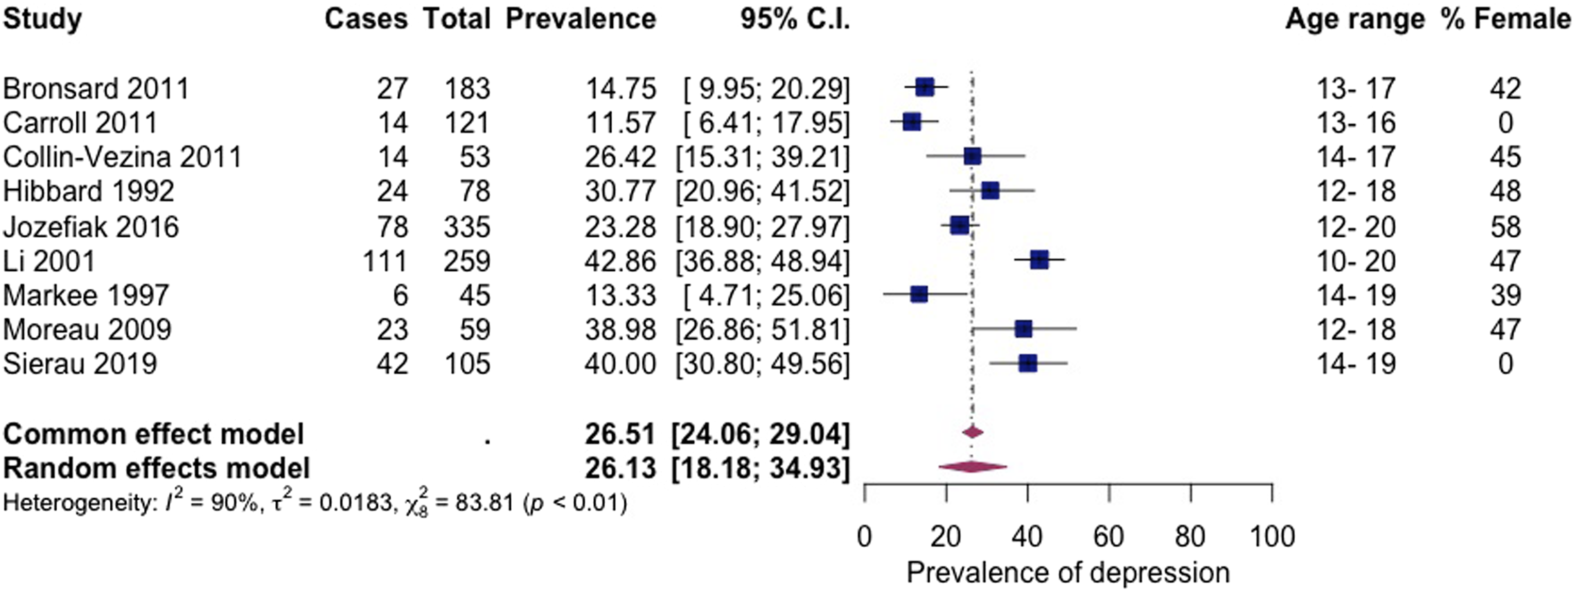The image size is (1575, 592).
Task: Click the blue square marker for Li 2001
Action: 1040,260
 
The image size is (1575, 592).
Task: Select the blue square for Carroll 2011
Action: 912,122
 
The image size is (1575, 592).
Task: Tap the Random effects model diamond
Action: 972,467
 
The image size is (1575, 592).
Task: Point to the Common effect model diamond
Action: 973,432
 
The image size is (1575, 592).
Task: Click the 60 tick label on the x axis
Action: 1109,537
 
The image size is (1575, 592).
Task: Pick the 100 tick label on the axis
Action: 1272,537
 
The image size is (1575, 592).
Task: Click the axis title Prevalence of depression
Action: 1068,573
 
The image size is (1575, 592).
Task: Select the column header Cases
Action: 365,19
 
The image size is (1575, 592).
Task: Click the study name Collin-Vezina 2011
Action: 122,157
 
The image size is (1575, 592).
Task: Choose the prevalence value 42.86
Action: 621,261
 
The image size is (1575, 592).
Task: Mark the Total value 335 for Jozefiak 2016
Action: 468,227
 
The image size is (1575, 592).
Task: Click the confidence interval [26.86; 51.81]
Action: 762,330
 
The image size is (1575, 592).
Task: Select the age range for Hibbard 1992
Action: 1356,192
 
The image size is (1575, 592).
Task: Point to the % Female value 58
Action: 1505,227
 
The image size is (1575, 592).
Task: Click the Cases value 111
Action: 384,261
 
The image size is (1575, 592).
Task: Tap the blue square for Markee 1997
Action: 918,295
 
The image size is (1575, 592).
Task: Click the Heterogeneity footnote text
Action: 315,504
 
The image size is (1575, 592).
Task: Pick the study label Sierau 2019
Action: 80,364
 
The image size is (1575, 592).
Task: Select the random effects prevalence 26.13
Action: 620,468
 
